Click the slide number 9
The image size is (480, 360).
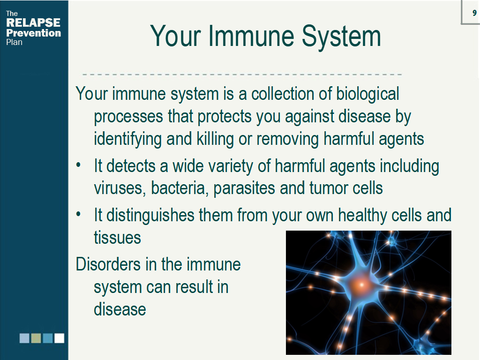474,13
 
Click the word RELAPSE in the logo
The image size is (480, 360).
33,22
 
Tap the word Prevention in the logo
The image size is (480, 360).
34,33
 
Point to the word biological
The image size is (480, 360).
367,94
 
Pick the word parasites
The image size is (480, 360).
244,188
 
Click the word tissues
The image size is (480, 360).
117,238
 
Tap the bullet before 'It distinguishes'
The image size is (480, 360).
78,214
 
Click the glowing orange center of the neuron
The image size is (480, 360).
361,285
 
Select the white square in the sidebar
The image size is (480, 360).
60,338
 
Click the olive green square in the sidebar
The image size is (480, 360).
36,338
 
